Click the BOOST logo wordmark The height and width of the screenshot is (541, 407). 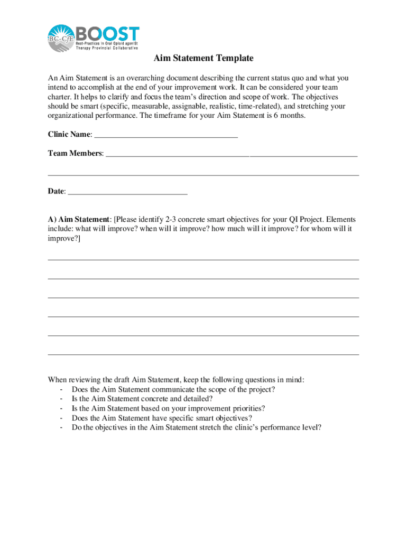108,33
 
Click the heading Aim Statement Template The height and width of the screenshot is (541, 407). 203,58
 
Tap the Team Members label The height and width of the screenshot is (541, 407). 75,153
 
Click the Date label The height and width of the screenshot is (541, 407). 57,191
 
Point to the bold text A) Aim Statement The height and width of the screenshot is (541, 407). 79,219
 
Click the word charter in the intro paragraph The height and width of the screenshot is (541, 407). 60,97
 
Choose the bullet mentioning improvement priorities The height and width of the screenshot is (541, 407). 168,408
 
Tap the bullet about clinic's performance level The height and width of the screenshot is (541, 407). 196,427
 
